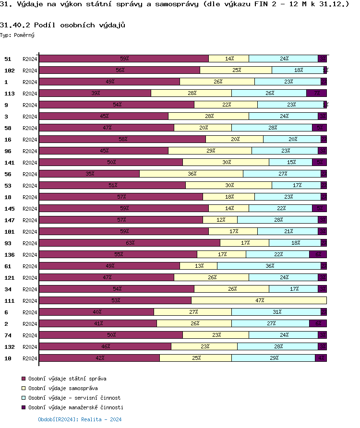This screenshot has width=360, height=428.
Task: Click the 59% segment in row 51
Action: (124, 59)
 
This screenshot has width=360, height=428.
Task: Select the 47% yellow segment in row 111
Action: (259, 300)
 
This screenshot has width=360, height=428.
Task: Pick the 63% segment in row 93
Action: (130, 243)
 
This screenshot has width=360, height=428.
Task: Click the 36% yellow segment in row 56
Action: (191, 174)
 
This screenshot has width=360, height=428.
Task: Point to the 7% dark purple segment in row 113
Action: (316, 93)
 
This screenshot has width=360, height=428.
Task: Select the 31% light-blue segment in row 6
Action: (276, 312)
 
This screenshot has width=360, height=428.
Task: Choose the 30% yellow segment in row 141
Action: (226, 162)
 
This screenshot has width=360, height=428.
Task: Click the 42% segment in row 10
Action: (99, 358)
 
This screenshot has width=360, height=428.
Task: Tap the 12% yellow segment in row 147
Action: (220, 220)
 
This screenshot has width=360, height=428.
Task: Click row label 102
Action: (9, 71)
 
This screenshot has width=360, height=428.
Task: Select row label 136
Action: (9, 255)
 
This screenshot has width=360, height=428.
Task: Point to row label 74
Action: (8, 335)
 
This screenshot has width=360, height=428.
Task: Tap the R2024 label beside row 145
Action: (30, 209)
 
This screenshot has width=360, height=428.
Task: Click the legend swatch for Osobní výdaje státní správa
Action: (24, 379)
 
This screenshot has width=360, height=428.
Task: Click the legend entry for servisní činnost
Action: (74, 398)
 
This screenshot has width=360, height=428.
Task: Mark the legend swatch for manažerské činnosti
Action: (24, 407)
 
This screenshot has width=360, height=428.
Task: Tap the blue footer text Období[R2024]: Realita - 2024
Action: (80, 419)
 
